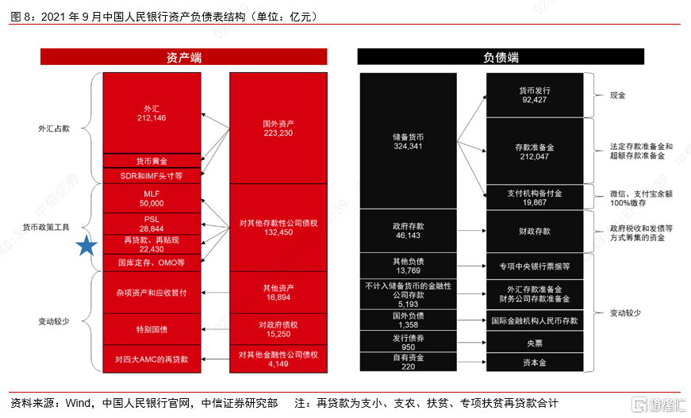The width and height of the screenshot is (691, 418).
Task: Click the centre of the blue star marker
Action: pos(86,246)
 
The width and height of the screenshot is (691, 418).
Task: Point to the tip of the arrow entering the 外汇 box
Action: pos(202,114)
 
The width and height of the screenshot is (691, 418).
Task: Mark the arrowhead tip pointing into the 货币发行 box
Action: pos(486,96)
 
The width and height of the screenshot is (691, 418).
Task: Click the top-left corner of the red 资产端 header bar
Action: pos(40,48)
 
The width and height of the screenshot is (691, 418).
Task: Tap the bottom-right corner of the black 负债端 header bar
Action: pos(644,65)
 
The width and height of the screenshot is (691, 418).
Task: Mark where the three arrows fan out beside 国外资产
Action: pos(229,129)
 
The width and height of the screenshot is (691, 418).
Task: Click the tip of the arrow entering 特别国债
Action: pos(202,329)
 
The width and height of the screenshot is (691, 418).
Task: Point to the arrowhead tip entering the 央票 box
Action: pos(486,343)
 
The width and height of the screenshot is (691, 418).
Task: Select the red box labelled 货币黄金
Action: pos(152,161)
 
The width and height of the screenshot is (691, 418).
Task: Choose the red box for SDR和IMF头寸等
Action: pos(152,176)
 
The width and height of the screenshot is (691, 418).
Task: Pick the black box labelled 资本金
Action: pos(535,362)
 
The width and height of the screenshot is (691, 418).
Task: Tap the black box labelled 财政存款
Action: pos(535,232)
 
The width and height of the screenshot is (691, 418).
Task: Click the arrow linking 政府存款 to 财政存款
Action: pos(471,231)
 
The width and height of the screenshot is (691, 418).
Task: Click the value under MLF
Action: pos(152,204)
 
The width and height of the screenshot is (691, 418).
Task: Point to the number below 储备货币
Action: pos(408,146)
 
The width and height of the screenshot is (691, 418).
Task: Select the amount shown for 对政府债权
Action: pos(278,334)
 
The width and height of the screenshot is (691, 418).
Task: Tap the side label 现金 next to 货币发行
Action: pos(617,95)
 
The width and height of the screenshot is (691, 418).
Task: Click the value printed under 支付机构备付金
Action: pos(535,202)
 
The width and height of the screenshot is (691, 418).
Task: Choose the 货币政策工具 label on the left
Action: pos(46,228)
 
